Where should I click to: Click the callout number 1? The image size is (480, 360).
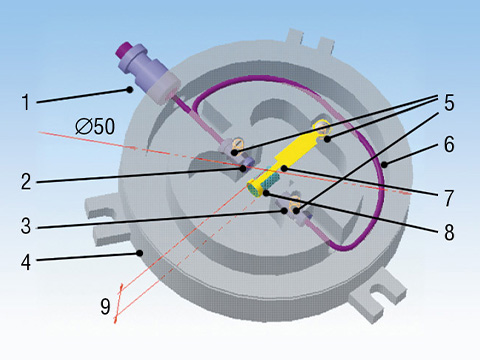pyautogui.click(x=26, y=102)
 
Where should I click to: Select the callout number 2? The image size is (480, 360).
pyautogui.click(x=26, y=182)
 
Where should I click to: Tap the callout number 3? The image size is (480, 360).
pyautogui.click(x=26, y=226)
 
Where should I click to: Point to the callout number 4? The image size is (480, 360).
pyautogui.click(x=26, y=262)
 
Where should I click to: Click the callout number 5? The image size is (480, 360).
pyautogui.click(x=449, y=102)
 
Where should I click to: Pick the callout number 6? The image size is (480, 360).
pyautogui.click(x=449, y=144)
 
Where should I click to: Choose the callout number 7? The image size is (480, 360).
pyautogui.click(x=449, y=198)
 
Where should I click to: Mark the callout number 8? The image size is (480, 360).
pyautogui.click(x=449, y=232)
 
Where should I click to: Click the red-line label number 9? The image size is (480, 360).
pyautogui.click(x=105, y=306)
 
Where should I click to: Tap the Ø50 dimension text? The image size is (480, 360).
pyautogui.click(x=95, y=126)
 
